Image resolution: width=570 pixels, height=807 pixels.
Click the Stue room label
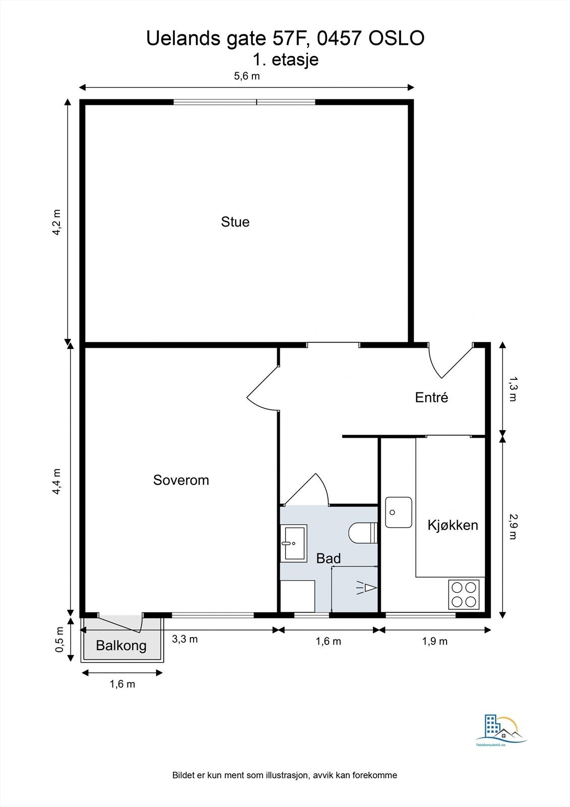pyautogui.click(x=235, y=222)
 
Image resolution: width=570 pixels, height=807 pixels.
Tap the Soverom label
pyautogui.click(x=181, y=480)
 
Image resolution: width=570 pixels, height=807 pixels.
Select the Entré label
pyautogui.click(x=431, y=397)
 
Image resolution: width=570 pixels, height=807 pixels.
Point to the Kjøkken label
pyautogui.click(x=453, y=525)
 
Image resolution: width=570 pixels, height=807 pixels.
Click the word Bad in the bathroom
pyautogui.click(x=329, y=558)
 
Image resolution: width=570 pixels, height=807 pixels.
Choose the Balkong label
pyautogui.click(x=121, y=646)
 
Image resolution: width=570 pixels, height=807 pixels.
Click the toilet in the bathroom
pyautogui.click(x=363, y=533)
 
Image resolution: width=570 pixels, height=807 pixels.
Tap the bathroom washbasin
pyautogui.click(x=294, y=543)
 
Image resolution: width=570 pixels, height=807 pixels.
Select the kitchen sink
pyautogui.click(x=399, y=512)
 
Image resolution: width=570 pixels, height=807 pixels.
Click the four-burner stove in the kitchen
pyautogui.click(x=464, y=595)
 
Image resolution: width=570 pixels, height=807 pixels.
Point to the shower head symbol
pyautogui.click(x=366, y=588)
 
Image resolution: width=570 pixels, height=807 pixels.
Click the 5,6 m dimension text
pyautogui.click(x=246, y=76)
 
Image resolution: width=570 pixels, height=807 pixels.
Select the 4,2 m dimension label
pyautogui.click(x=57, y=222)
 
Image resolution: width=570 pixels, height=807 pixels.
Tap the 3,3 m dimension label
pyautogui.click(x=185, y=639)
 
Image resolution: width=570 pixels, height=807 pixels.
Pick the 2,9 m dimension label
pyautogui.click(x=513, y=527)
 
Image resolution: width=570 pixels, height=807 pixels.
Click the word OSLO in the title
pyautogui.click(x=397, y=38)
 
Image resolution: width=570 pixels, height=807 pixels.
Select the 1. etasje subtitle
pyautogui.click(x=286, y=60)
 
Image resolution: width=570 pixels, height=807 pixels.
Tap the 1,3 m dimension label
pyautogui.click(x=513, y=389)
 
